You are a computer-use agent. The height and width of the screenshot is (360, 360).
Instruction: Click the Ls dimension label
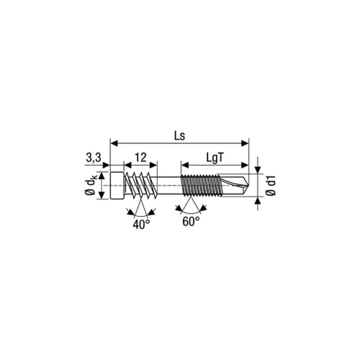point(180,136)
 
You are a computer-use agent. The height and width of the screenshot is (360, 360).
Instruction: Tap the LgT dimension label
point(215,158)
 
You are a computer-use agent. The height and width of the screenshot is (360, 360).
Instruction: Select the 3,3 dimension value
point(94,158)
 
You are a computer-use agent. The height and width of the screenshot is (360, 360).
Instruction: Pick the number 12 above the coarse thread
point(140,158)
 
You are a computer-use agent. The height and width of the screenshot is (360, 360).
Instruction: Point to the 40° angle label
point(141,225)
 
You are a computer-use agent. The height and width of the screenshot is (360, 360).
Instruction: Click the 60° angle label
point(191,221)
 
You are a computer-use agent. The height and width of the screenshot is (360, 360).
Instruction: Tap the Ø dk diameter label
point(91,185)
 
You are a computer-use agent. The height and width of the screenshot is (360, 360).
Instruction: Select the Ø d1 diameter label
point(271,186)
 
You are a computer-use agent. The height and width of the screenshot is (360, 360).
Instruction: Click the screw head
point(117,185)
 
